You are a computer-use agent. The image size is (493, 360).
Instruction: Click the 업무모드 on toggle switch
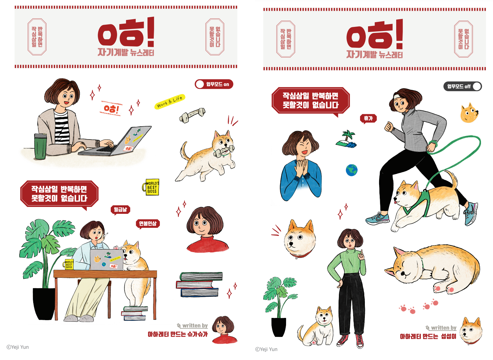(x=214, y=84)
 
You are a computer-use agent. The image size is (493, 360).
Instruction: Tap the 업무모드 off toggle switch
(x=462, y=86)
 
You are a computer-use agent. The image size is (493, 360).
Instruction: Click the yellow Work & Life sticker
(x=170, y=102)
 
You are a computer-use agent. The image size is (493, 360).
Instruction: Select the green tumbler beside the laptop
(x=40, y=146)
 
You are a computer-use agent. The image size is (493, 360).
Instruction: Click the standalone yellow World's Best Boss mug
(x=151, y=187)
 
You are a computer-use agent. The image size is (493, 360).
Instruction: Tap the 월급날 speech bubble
(x=120, y=210)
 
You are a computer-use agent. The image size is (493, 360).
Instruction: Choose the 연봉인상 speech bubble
(x=148, y=224)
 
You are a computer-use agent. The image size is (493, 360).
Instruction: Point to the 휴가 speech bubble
(x=368, y=119)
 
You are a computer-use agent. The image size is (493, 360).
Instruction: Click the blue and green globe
(x=352, y=170)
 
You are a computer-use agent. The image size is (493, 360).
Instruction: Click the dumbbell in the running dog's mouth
(x=223, y=152)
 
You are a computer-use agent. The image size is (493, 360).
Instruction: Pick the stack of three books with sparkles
(x=199, y=284)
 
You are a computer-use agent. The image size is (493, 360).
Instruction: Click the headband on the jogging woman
(x=397, y=96)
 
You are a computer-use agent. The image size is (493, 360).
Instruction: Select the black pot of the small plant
(x=279, y=327)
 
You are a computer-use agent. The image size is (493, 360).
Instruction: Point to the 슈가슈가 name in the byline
(x=197, y=334)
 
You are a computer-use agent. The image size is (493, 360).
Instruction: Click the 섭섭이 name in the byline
(x=449, y=336)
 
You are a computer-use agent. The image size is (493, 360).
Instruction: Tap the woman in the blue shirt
(x=301, y=166)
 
